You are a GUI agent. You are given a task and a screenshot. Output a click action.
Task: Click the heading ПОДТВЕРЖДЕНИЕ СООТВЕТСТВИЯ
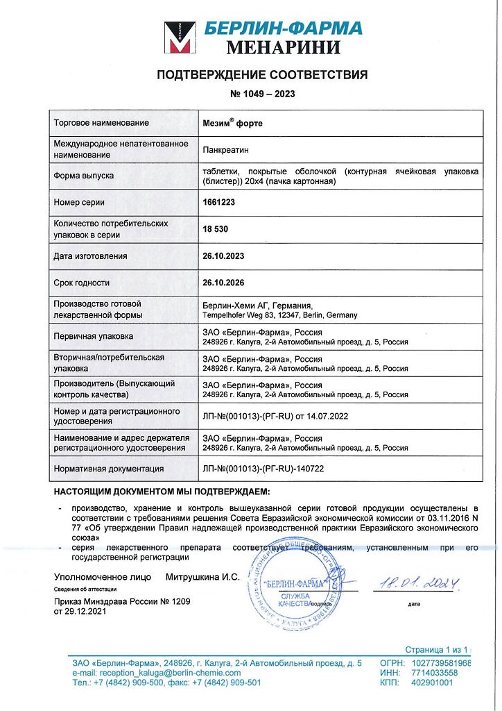click(x=261, y=75)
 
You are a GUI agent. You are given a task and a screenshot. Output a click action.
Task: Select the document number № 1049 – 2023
click(x=261, y=94)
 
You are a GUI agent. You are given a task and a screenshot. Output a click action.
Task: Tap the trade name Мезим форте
click(x=232, y=123)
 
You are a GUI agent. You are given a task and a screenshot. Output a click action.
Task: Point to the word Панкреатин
click(x=225, y=149)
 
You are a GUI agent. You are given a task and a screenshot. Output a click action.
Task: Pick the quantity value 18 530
click(x=216, y=228)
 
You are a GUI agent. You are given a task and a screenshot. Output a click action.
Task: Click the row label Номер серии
click(x=79, y=202)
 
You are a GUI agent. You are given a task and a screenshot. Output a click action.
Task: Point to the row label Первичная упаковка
click(x=93, y=336)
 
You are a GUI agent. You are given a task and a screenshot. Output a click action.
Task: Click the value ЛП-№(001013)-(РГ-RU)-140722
click(x=263, y=469)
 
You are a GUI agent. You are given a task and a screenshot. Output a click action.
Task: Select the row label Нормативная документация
click(x=109, y=469)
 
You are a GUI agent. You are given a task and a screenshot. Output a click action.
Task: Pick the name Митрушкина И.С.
click(x=202, y=577)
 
